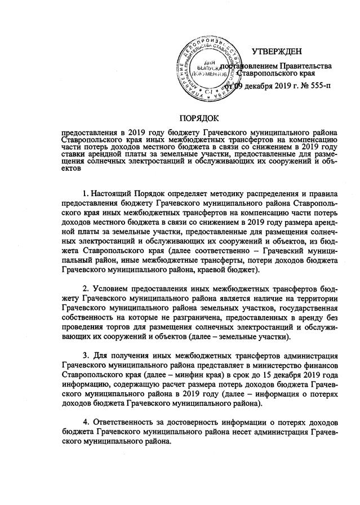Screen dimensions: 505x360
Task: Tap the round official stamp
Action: (x=207, y=67)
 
